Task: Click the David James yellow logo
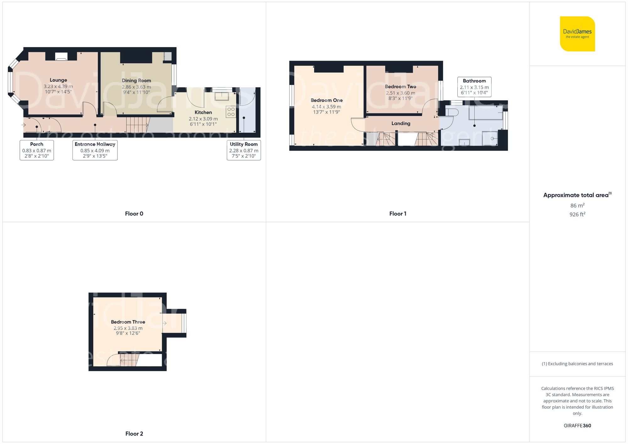[x=577, y=34]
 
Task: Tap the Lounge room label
[x=58, y=80]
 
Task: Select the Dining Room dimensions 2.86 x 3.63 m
[x=136, y=87]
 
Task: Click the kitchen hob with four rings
[x=231, y=112]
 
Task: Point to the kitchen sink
[x=222, y=95]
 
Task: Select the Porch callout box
[x=37, y=150]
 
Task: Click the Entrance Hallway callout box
[x=95, y=150]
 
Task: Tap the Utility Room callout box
[x=244, y=150]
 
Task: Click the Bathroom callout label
[x=474, y=81]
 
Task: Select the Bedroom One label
[x=327, y=100]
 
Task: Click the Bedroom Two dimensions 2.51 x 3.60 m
[x=400, y=93]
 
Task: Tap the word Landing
[x=401, y=123]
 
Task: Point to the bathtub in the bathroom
[x=485, y=113]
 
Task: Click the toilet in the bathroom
[x=451, y=112]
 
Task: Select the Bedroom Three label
[x=128, y=322]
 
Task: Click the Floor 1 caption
[x=398, y=214]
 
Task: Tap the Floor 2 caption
[x=134, y=434]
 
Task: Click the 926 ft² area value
[x=577, y=214]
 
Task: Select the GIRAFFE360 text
[x=577, y=425]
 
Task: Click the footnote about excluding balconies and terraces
[x=577, y=364]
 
